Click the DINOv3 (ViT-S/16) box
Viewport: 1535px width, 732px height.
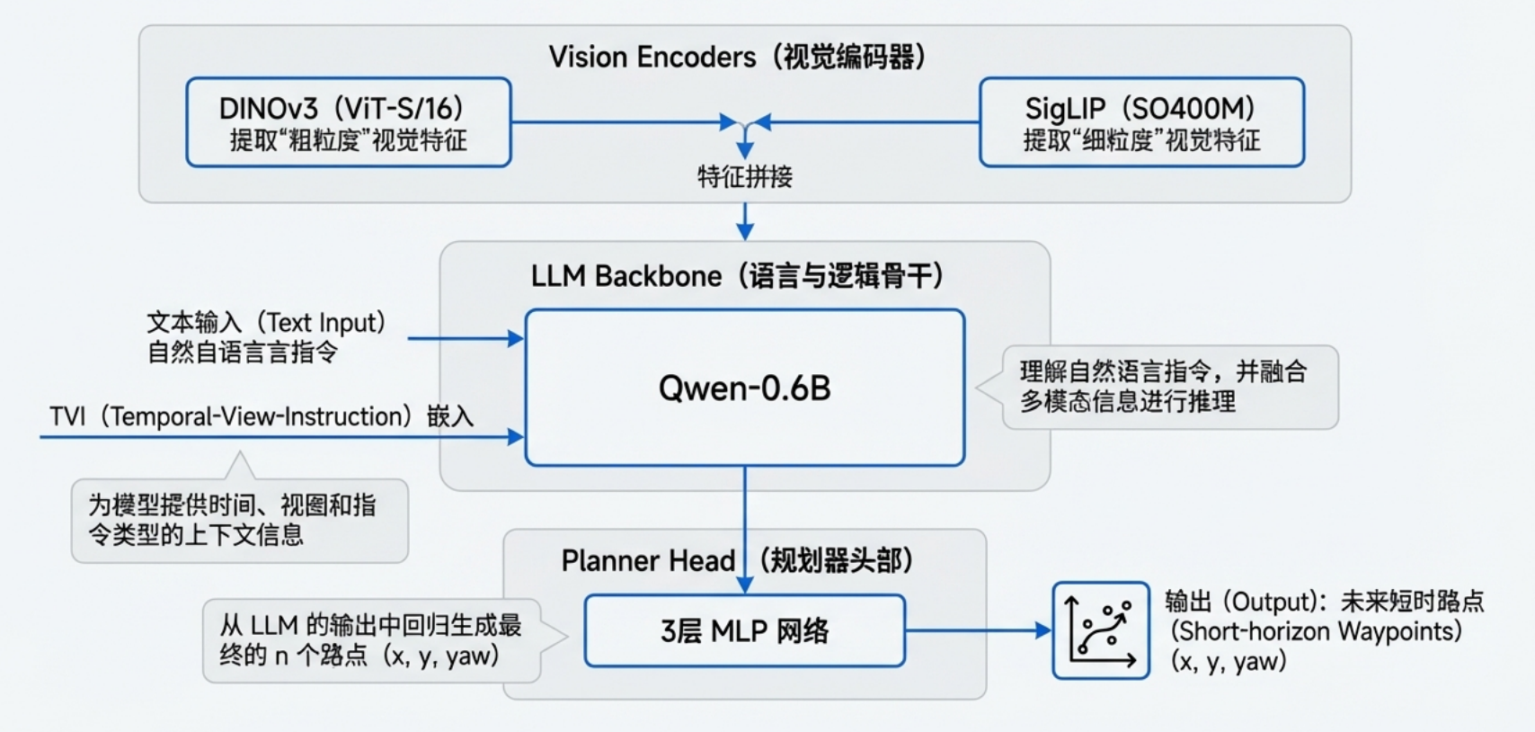[349, 122]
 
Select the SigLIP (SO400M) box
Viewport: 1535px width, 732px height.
[1141, 122]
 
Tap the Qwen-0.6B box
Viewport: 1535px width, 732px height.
[744, 388]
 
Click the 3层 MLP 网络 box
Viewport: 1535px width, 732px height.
[744, 630]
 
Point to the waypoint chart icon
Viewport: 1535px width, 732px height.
[1101, 630]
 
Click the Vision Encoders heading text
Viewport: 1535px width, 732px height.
[737, 57]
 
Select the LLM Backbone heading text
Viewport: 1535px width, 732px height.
[737, 275]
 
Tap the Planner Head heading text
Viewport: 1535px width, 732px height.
[737, 560]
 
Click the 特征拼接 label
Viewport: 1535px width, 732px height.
[744, 176]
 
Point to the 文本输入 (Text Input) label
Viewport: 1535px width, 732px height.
[266, 322]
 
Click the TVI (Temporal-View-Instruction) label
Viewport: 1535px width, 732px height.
[261, 416]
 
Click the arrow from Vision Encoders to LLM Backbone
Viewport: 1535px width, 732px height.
[744, 221]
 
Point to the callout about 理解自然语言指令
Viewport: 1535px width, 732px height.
[1168, 387]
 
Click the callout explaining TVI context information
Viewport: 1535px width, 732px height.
[239, 520]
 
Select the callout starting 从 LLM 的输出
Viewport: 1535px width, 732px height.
[371, 640]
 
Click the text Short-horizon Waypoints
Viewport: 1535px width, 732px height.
[1316, 631]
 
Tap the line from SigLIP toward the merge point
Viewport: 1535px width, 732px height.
[872, 122]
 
